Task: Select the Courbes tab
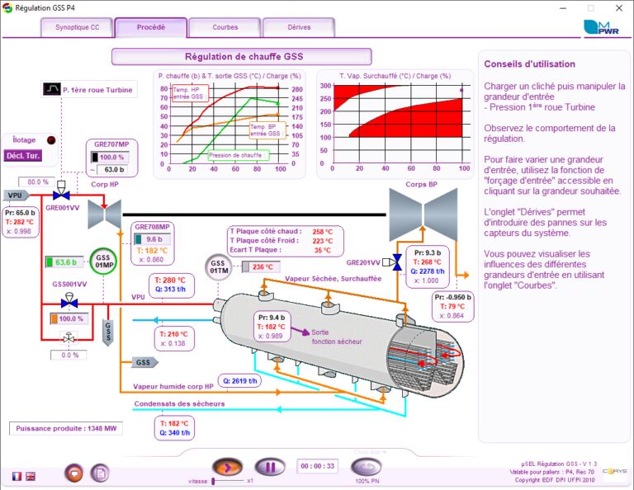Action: pyautogui.click(x=225, y=27)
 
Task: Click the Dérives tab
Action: pyautogui.click(x=299, y=27)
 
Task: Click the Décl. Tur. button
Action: pyautogui.click(x=22, y=155)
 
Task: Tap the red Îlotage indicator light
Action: pyautogui.click(x=51, y=140)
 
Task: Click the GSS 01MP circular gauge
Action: pyautogui.click(x=104, y=261)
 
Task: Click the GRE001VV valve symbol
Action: pyautogui.click(x=60, y=195)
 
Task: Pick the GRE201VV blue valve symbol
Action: pyautogui.click(x=396, y=262)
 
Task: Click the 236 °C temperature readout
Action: pyautogui.click(x=263, y=266)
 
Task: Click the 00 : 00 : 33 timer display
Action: pyautogui.click(x=317, y=466)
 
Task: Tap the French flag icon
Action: pyautogui.click(x=17, y=476)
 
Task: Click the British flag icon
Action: pyautogui.click(x=31, y=476)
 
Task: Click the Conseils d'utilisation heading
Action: pyautogui.click(x=529, y=64)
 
